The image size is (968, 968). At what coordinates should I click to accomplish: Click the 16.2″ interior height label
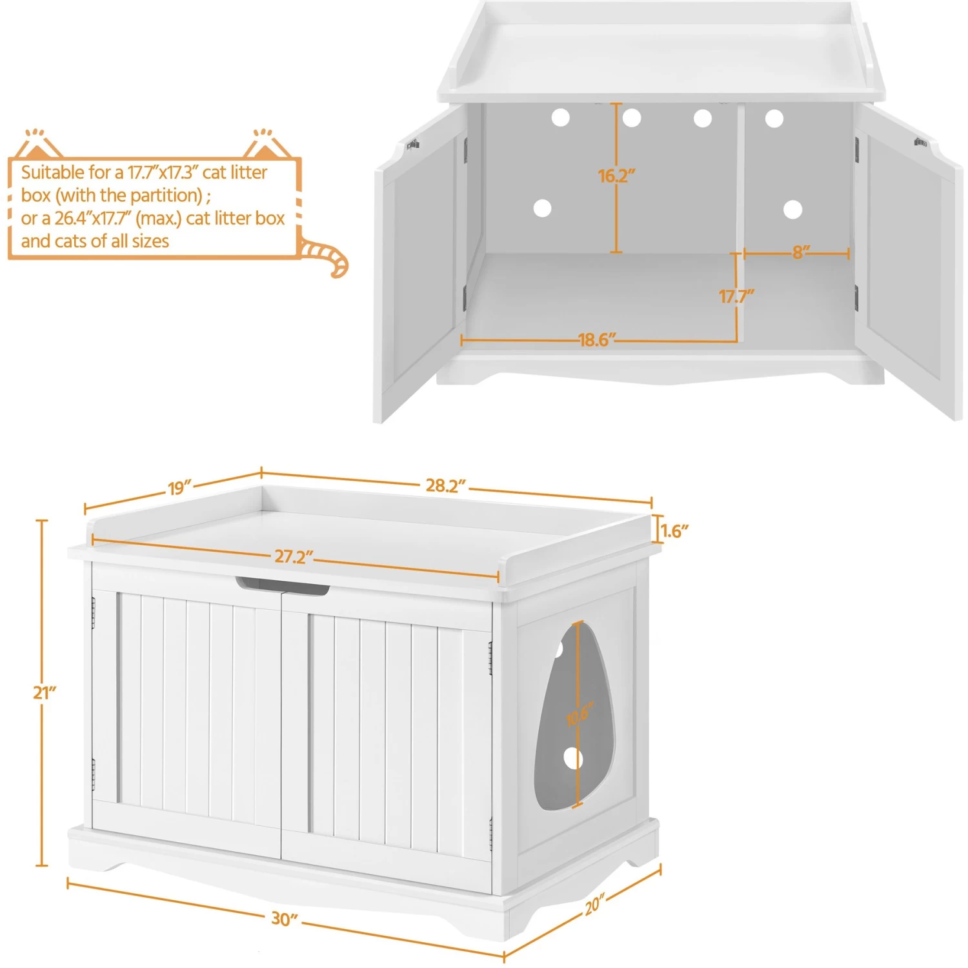[x=616, y=176]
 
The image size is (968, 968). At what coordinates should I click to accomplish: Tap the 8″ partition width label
[x=801, y=252]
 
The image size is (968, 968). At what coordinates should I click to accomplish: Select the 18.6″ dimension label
[x=597, y=339]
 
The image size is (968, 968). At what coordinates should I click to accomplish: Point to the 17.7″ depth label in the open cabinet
[x=736, y=296]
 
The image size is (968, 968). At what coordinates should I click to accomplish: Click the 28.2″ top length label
[x=445, y=485]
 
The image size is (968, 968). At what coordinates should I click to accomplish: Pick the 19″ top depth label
[x=180, y=487]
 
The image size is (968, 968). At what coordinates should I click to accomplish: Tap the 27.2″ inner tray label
[x=294, y=556]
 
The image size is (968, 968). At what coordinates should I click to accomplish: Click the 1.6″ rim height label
[x=675, y=531]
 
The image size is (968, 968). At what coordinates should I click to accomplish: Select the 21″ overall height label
[x=45, y=692]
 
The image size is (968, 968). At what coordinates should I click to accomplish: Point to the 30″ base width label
[x=284, y=918]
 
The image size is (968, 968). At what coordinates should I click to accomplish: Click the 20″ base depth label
[x=594, y=905]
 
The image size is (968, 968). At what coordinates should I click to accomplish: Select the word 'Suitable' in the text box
[x=52, y=172]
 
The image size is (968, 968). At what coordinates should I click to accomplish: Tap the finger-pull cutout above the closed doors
[x=282, y=585]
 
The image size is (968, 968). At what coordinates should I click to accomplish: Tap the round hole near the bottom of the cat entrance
[x=572, y=759]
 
